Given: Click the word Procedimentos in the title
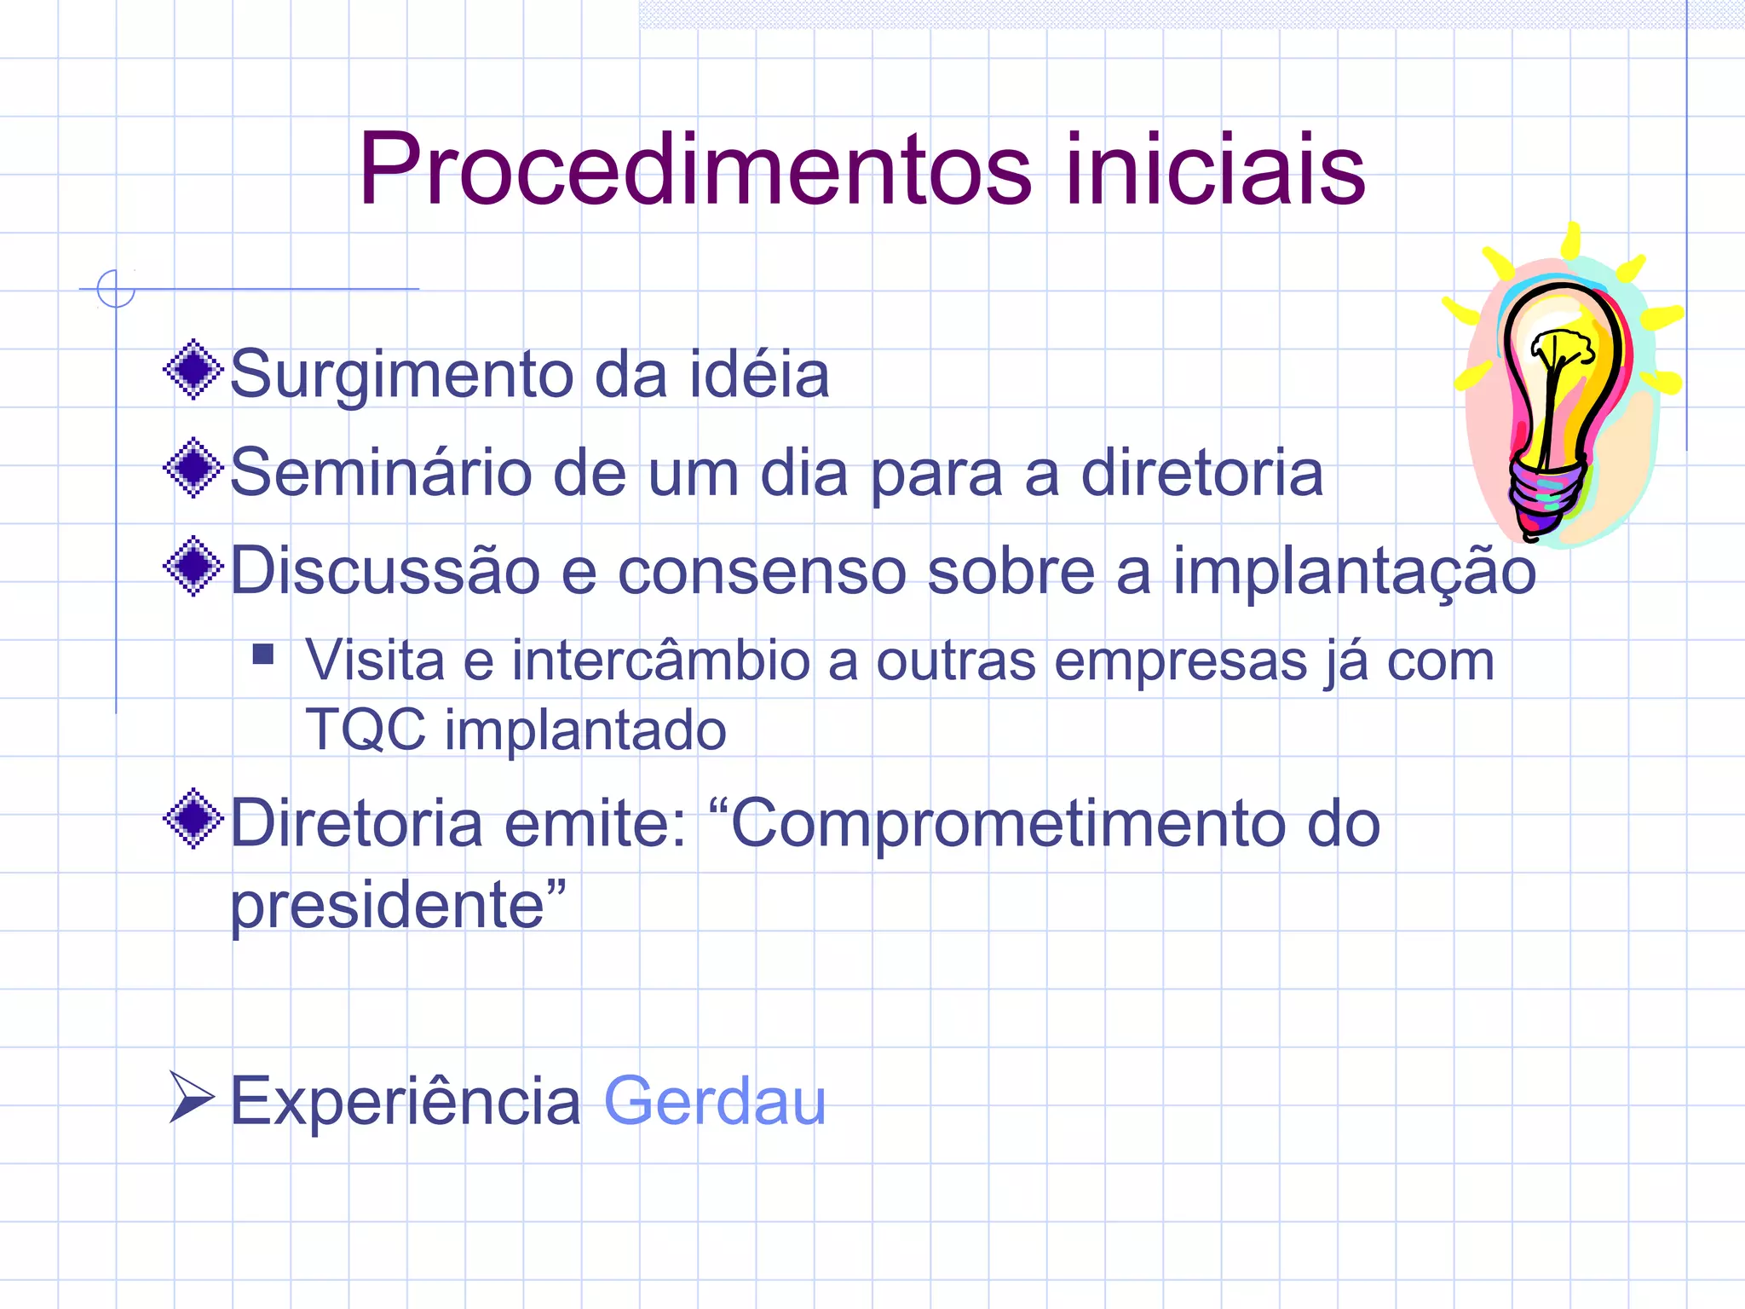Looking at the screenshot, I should click(694, 170).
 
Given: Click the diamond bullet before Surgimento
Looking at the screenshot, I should click(194, 370).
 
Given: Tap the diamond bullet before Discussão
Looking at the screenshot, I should click(194, 566).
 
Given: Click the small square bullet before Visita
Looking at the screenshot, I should click(263, 654).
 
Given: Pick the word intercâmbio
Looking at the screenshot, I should click(660, 661).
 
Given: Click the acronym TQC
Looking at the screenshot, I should click(365, 730).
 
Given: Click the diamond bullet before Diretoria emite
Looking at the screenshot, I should click(194, 818).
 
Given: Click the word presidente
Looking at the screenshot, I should click(388, 905).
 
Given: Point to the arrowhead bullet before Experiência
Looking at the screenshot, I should click(191, 1097).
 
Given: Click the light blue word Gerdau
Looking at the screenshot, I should click(714, 1101).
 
